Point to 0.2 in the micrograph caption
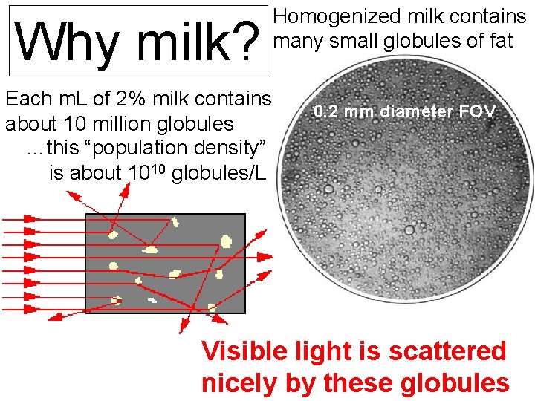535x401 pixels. [325, 113]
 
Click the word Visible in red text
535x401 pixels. [249, 351]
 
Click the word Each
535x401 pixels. [26, 98]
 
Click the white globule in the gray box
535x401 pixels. [152, 300]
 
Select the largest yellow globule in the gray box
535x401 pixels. [226, 240]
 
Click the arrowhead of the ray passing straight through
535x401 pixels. [266, 257]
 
